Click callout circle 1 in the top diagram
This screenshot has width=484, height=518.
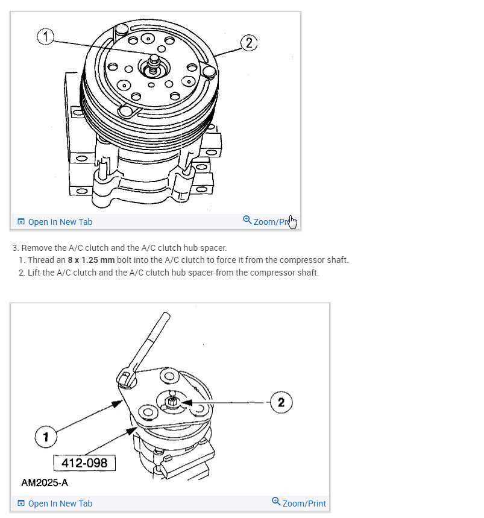[x=46, y=37]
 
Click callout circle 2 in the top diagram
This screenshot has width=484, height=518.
[x=249, y=43]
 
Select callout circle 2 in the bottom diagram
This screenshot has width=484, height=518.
[x=281, y=402]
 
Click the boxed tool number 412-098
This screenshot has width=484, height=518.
[x=84, y=463]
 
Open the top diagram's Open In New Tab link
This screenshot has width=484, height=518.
[x=60, y=222]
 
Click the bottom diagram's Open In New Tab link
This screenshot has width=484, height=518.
[x=60, y=503]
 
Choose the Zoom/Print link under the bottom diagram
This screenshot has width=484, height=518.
[x=304, y=503]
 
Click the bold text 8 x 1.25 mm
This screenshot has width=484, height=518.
[x=90, y=261]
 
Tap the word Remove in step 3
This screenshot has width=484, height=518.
[x=37, y=248]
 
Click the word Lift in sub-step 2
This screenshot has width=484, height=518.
[x=34, y=273]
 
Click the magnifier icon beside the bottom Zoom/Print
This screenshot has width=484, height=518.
[x=276, y=502]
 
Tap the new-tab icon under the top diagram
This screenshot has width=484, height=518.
[x=21, y=222]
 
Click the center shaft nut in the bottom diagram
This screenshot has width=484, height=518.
[x=173, y=400]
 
